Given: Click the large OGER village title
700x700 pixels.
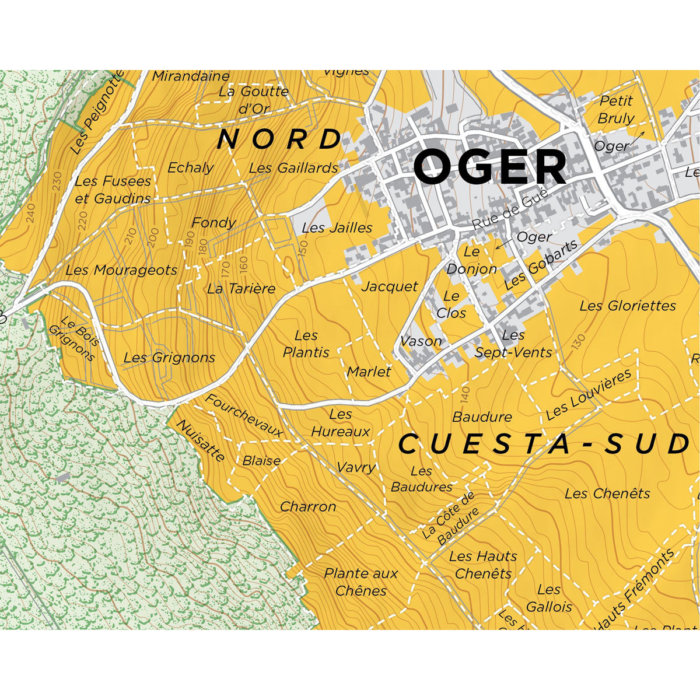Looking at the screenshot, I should pos(489,167).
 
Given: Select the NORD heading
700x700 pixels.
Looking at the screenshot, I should pos(279,139).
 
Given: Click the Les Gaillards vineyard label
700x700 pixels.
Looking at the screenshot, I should pos(293,168).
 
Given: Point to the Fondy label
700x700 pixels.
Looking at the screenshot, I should pos(213,223).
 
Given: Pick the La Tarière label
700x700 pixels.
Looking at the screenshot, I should pos(241,289).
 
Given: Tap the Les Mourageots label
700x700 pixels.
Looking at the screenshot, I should pos(121,270).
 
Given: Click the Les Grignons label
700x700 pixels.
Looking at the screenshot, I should pos(169,358).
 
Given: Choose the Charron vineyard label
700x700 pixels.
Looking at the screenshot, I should pos(308,507).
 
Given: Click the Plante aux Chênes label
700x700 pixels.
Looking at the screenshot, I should pos(361,582).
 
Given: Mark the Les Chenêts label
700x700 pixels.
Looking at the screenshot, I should pos(607,494).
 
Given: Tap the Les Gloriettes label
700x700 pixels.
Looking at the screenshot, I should pos(628,306).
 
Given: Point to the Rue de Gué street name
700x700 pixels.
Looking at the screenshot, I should pos(510,209).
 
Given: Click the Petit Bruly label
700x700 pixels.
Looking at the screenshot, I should pos(616,109).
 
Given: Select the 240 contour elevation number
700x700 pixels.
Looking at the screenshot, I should pos(31,214).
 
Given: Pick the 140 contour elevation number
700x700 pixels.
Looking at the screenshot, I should pos(465,395).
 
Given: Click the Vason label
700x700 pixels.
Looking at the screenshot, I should pos(421,341).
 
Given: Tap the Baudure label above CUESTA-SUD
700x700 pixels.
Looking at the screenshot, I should pos(482,417).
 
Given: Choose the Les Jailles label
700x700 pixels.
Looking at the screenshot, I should pos(337,228).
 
